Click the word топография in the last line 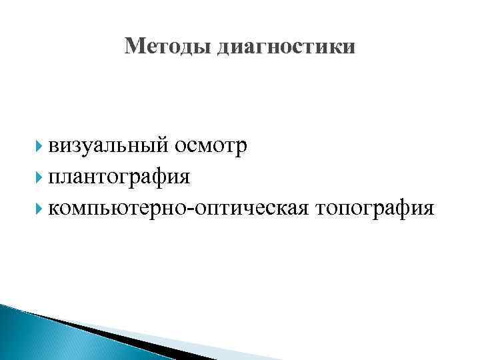[x=377, y=209]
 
